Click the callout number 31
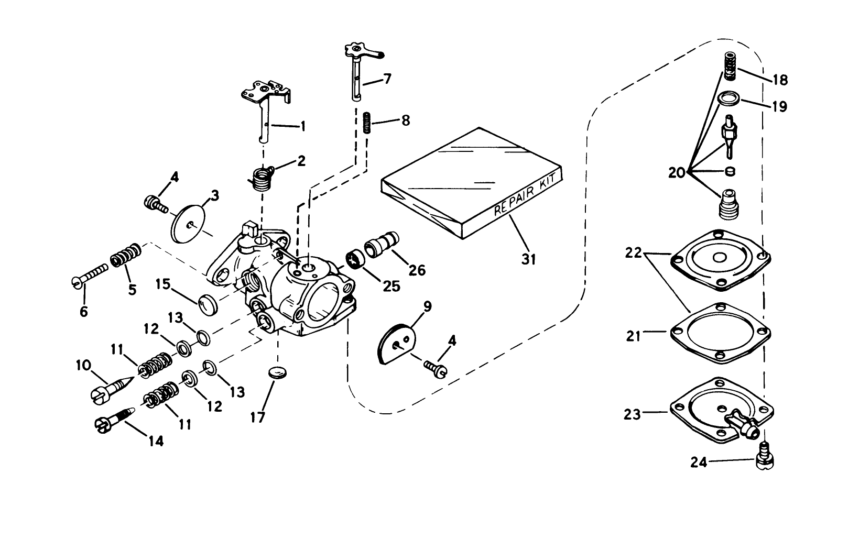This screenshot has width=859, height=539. point(529,258)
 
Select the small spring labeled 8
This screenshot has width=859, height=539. point(367,123)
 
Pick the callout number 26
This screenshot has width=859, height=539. point(417,270)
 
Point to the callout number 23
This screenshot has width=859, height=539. point(632,414)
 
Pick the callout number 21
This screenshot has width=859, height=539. point(634,336)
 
